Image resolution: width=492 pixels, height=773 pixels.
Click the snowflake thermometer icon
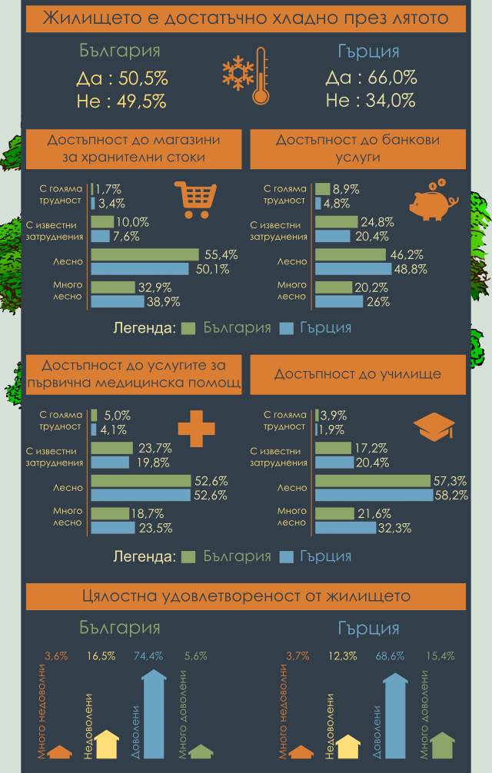[245, 77]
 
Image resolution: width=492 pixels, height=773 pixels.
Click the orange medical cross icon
[196, 428]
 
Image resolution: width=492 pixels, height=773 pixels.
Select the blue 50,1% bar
[140, 269]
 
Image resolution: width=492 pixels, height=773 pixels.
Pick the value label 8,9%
[346, 189]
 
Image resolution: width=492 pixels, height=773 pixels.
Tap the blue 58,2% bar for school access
[374, 496]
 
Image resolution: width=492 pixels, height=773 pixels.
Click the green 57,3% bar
[373, 481]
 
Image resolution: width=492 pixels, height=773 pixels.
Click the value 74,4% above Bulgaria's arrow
[148, 656]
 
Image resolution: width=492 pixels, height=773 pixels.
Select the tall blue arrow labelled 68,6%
[394, 716]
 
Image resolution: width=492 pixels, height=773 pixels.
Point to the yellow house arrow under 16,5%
[106, 745]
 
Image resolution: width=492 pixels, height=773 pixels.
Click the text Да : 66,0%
[371, 78]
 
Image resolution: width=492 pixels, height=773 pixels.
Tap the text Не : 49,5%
[121, 101]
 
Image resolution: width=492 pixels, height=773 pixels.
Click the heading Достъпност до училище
[357, 374]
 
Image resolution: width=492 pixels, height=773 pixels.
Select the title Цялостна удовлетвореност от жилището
[246, 596]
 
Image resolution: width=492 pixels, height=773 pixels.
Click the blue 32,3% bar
[346, 528]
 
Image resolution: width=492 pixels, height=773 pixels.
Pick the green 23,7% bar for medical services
[112, 448]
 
